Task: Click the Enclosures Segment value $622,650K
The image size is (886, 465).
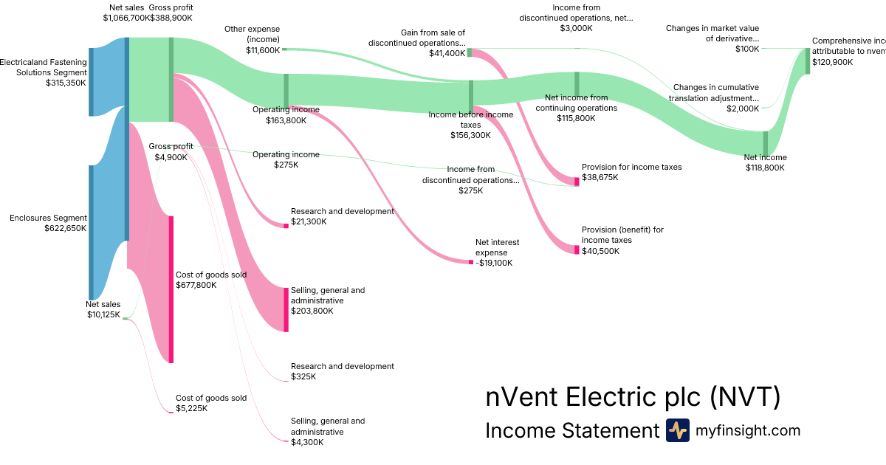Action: (66, 229)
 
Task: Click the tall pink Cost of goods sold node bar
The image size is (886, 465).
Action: (171, 289)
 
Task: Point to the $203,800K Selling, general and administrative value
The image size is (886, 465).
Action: (312, 311)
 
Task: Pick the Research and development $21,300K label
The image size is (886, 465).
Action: (342, 216)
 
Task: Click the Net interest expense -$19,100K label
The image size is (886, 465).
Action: (497, 252)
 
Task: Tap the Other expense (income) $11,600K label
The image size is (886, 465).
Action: (263, 40)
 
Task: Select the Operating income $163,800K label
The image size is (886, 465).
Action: (286, 114)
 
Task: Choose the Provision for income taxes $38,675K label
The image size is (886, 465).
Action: (631, 172)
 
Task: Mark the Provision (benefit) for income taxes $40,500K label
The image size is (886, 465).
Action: (622, 240)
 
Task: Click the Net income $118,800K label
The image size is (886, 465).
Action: (765, 162)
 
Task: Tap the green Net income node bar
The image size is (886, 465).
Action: (765, 142)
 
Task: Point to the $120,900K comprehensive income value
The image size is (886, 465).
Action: (832, 62)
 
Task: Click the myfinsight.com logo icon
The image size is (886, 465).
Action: (678, 430)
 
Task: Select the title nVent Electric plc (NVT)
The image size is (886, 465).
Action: (633, 397)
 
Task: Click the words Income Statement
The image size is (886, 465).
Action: (571, 430)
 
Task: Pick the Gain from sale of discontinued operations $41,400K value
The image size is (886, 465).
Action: (446, 53)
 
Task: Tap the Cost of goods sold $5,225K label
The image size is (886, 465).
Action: (210, 403)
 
